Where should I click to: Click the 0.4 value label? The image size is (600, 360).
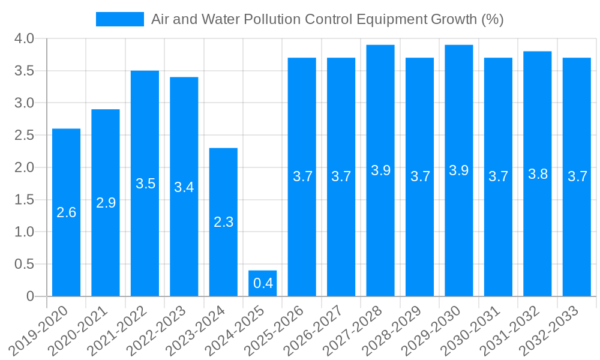[263, 283]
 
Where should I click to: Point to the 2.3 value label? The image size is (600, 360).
[223, 222]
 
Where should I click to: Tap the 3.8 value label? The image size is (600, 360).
[538, 174]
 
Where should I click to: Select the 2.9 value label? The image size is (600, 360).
[106, 203]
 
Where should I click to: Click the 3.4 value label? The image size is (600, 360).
[184, 187]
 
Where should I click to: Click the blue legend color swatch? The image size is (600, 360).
[120, 19]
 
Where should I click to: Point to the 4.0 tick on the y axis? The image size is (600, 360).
[23, 39]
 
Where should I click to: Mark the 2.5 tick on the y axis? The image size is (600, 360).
[23, 136]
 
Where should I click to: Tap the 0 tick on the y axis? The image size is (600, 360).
[31, 296]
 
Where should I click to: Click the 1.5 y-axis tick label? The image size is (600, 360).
[23, 200]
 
